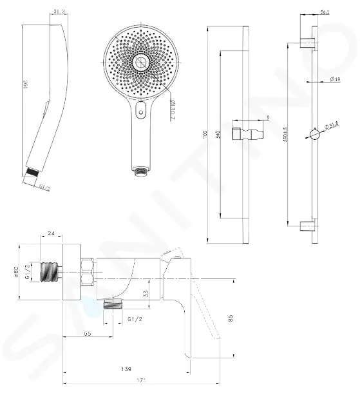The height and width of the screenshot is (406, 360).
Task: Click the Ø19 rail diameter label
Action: pyautogui.click(x=334, y=79)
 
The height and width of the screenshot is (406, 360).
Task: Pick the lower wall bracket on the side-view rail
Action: pyautogui.click(x=308, y=227)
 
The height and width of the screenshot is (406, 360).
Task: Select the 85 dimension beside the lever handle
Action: pyautogui.click(x=230, y=316)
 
